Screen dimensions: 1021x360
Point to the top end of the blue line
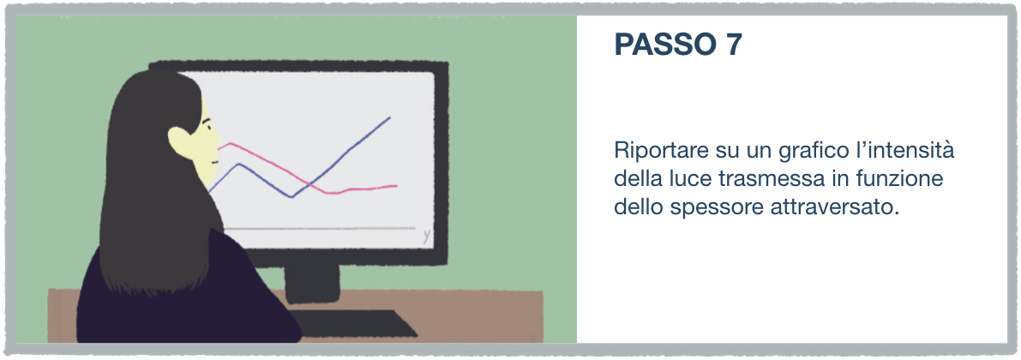(x=389, y=117)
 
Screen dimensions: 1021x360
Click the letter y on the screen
(x=426, y=235)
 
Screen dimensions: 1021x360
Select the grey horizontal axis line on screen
(x=319, y=229)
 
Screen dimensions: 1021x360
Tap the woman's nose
(x=218, y=142)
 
